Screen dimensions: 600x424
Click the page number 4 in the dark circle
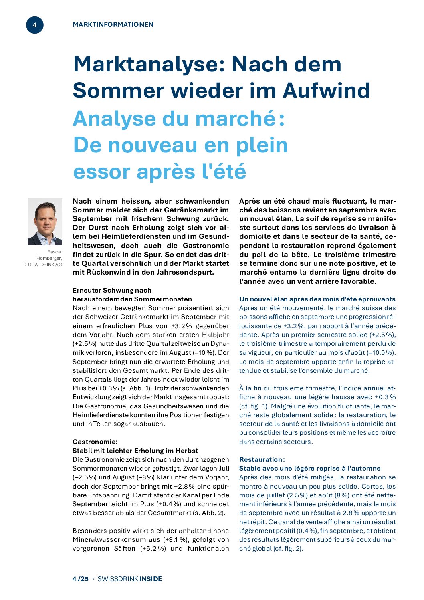(34, 25)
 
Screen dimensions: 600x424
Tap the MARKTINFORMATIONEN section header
(113, 24)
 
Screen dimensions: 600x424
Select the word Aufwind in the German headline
(326, 91)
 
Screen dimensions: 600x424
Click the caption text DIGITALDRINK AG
(42, 265)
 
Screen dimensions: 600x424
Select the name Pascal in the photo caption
(55, 252)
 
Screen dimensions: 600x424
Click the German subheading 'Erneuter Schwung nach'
(112, 290)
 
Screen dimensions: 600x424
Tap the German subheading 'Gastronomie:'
(95, 442)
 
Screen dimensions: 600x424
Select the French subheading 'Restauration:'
(262, 459)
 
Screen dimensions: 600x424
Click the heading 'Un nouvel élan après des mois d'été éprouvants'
(317, 299)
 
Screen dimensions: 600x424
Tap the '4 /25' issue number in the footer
(80, 579)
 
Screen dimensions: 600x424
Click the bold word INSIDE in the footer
(151, 579)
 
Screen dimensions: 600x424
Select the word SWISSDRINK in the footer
(118, 579)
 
